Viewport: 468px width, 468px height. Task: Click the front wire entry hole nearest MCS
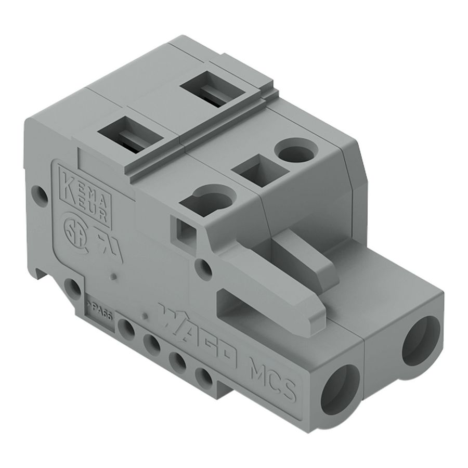(x=339, y=388)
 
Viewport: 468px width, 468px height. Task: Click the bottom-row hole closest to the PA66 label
(x=126, y=328)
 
